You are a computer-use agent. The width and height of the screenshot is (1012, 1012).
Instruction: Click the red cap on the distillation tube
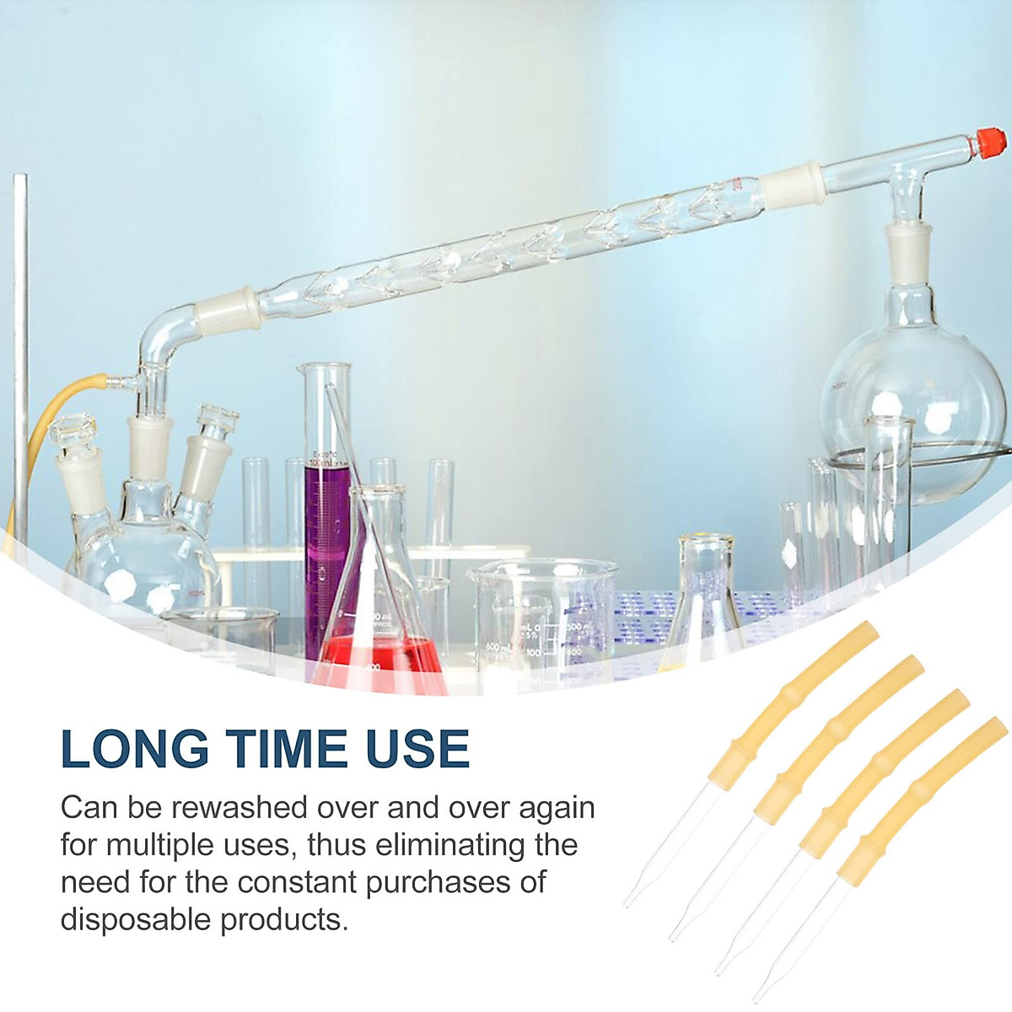(x=991, y=141)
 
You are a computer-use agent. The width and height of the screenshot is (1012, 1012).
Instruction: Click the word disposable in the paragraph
(x=135, y=918)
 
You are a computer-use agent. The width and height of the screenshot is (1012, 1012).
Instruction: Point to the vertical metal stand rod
(x=20, y=354)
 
